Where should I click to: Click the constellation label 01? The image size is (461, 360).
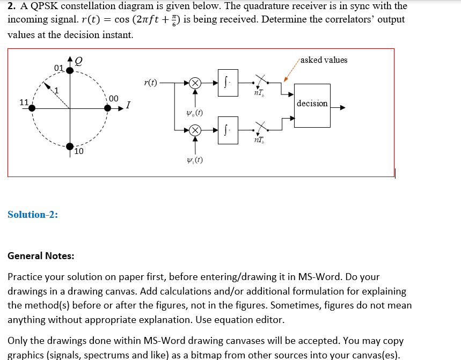click(x=59, y=68)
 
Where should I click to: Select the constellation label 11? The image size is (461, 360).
click(x=24, y=102)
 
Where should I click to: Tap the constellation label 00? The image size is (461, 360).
click(x=113, y=98)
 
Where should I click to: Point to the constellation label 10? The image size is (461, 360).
click(x=78, y=152)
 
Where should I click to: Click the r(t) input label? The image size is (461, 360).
click(x=151, y=83)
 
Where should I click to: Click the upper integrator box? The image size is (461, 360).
click(x=228, y=83)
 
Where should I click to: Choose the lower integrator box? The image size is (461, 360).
click(x=228, y=129)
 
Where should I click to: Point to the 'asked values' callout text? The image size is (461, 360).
click(x=324, y=60)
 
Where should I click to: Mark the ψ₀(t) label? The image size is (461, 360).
click(x=194, y=113)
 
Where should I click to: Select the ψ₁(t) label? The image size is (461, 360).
click(x=194, y=160)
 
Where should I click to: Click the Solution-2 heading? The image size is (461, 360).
click(x=33, y=215)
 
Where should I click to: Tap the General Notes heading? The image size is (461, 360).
click(x=41, y=256)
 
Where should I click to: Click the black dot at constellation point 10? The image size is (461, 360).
click(x=69, y=145)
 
